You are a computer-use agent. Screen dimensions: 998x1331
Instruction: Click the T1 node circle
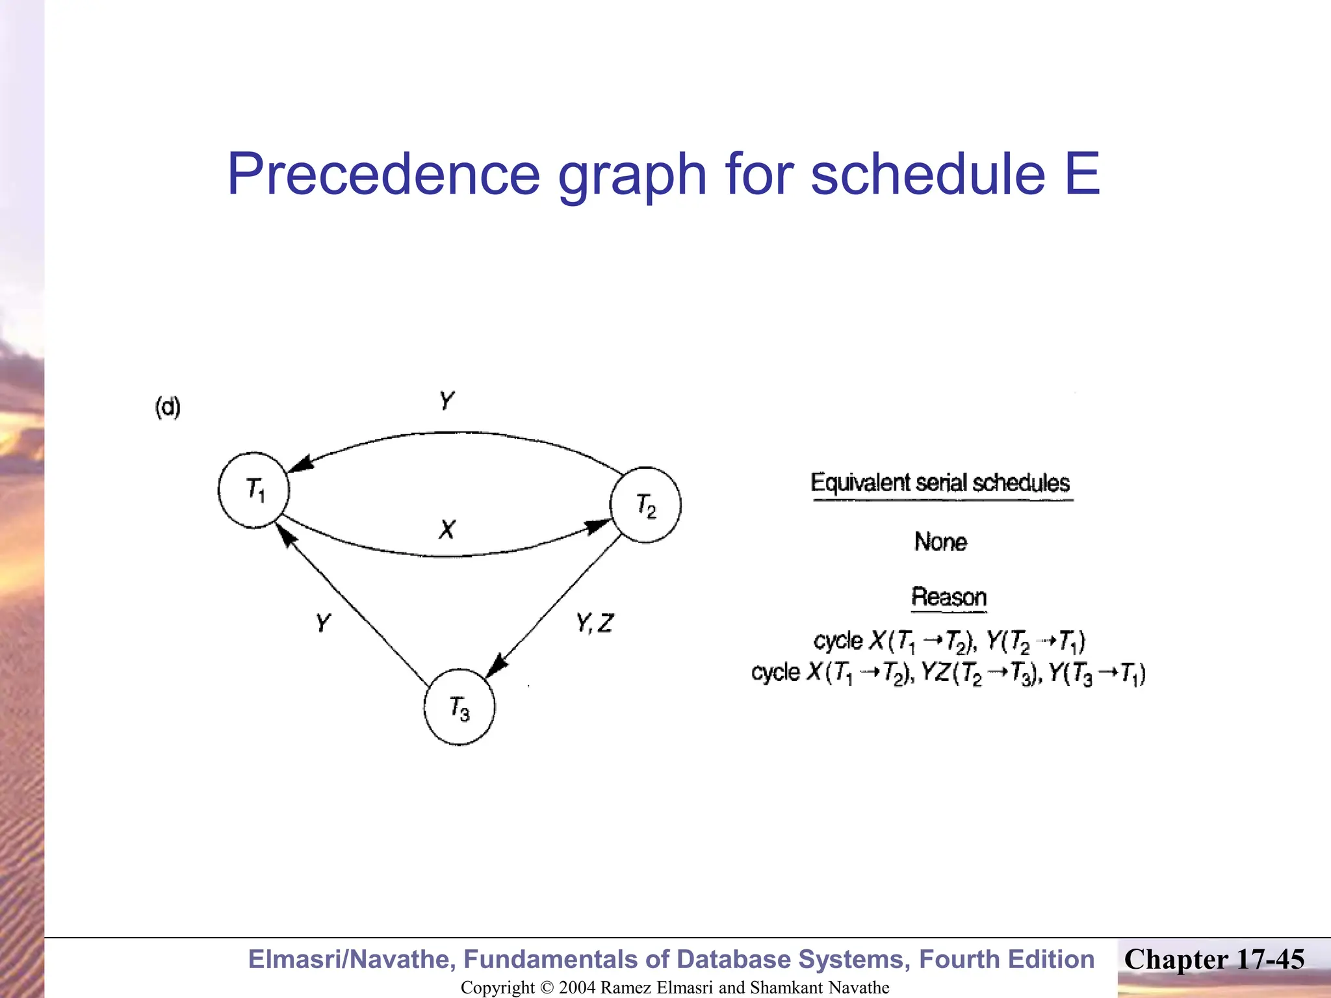coord(253,490)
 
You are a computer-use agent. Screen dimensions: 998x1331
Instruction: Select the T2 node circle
coord(645,505)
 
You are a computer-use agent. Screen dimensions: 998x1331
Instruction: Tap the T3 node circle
coord(459,707)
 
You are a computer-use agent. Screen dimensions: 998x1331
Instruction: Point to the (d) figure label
coord(168,407)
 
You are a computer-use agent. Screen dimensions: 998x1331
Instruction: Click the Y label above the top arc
coord(446,400)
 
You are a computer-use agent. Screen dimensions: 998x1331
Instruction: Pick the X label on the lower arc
coord(447,530)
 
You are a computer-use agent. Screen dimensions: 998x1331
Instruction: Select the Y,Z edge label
coord(594,624)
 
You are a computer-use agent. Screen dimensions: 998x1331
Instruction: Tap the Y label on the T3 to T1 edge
coord(323,623)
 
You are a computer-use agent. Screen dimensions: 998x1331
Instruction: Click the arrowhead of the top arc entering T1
coord(300,464)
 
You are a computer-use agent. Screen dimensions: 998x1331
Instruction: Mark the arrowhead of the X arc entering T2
coord(597,526)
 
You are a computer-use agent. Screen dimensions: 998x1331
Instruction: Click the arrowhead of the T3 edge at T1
coord(286,536)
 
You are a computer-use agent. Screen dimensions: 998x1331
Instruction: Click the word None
coord(940,542)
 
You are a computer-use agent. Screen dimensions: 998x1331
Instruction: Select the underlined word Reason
coord(949,597)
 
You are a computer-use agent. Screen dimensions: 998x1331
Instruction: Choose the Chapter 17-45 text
coord(1214,960)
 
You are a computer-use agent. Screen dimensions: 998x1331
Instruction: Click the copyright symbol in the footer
coord(547,988)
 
